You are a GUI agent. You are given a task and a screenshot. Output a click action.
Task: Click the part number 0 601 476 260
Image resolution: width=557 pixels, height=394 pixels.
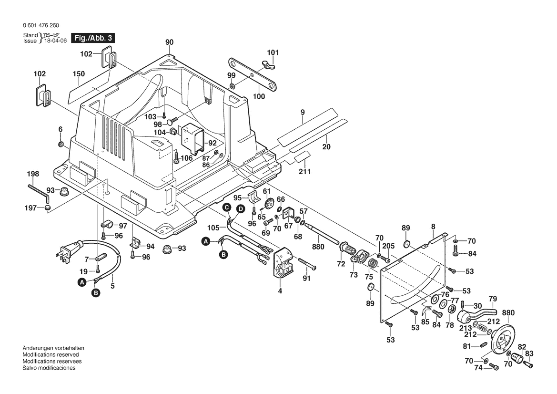pyautogui.click(x=41, y=25)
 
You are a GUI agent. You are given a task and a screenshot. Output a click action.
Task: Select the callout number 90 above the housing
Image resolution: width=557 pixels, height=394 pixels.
pyautogui.click(x=169, y=42)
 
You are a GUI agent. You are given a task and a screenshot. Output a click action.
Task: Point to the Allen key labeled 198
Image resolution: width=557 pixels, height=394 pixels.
pyautogui.click(x=39, y=190)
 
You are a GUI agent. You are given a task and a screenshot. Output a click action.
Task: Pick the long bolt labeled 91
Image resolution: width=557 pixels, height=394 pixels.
pyautogui.click(x=308, y=263)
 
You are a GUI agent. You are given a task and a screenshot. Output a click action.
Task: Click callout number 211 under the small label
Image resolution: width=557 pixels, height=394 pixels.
pyautogui.click(x=304, y=171)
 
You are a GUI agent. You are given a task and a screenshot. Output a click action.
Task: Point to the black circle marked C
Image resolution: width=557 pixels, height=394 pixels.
pyautogui.click(x=227, y=207)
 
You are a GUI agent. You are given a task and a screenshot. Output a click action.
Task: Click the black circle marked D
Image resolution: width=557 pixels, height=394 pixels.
pyautogui.click(x=241, y=208)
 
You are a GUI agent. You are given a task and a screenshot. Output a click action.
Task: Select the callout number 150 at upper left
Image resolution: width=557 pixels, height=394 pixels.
pyautogui.click(x=79, y=74)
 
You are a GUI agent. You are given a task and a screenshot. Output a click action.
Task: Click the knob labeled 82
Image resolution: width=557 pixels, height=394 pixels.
pyautogui.click(x=517, y=357)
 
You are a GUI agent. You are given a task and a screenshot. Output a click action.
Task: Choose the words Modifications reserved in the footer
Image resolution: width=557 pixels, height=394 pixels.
pyautogui.click(x=51, y=355)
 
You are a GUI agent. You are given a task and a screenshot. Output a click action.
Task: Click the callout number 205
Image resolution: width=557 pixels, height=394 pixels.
pyautogui.click(x=389, y=246)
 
